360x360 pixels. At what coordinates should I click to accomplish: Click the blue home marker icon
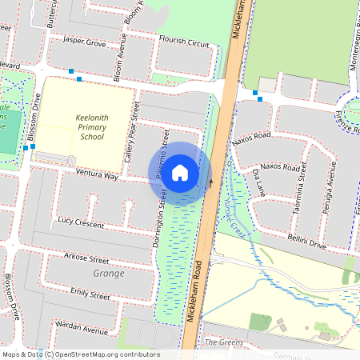(x=180, y=173)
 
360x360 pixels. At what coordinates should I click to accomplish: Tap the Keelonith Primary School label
(x=92, y=126)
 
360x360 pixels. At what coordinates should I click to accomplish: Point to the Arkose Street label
(x=87, y=259)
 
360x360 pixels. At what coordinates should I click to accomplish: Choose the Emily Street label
(x=89, y=294)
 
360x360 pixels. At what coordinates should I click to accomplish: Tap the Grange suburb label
(x=109, y=274)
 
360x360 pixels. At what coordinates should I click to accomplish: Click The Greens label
(x=222, y=342)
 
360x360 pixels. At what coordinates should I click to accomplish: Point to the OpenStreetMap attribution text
(x=80, y=354)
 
